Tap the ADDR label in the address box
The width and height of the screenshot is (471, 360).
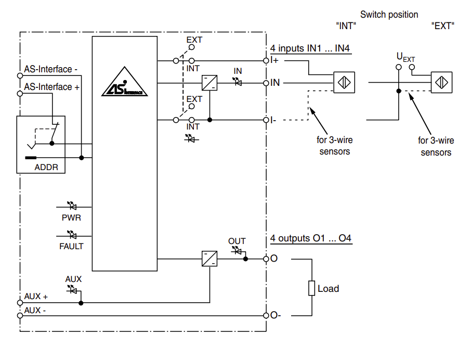(46, 168)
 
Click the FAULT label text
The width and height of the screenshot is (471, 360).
(71, 246)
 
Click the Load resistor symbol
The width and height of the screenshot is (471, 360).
(311, 288)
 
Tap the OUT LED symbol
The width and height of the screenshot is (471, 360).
(237, 252)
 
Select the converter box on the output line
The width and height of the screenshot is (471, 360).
(210, 259)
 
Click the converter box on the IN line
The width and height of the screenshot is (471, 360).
(210, 83)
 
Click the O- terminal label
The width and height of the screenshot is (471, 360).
(276, 315)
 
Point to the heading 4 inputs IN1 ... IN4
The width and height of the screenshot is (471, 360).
(310, 49)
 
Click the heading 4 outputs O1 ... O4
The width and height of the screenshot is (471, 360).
(310, 239)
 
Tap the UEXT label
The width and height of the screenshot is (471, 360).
(405, 57)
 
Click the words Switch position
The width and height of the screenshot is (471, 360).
(389, 15)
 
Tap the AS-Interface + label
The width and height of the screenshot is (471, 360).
(51, 87)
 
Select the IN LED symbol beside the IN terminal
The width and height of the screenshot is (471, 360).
(238, 81)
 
